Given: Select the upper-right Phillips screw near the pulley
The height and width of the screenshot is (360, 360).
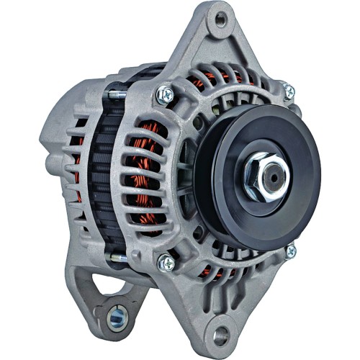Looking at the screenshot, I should pos(289,91).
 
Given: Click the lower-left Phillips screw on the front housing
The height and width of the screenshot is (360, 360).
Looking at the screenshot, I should pos(165,264).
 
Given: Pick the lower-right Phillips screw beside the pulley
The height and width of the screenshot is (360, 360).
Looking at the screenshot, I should pos(291,251).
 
